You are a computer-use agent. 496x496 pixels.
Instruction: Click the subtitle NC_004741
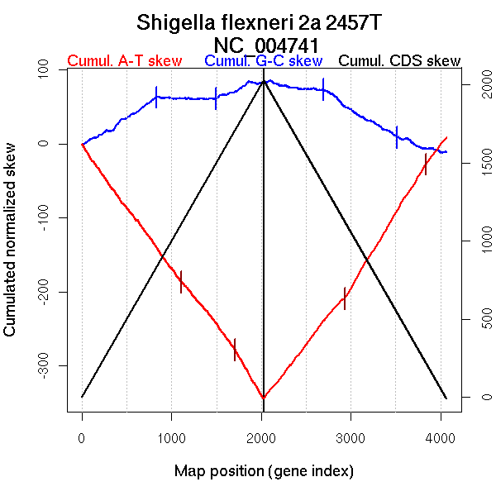point(263,44)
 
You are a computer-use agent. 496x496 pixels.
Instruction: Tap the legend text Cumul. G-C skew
point(263,61)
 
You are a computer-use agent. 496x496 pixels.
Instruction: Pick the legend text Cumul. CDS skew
point(400,61)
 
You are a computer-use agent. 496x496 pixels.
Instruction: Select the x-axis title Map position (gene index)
point(264,471)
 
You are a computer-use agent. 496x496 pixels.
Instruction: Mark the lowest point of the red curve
point(263,398)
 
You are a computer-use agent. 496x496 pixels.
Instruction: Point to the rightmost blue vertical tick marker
point(397,136)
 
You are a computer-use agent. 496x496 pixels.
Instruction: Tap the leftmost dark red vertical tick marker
point(180,281)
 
